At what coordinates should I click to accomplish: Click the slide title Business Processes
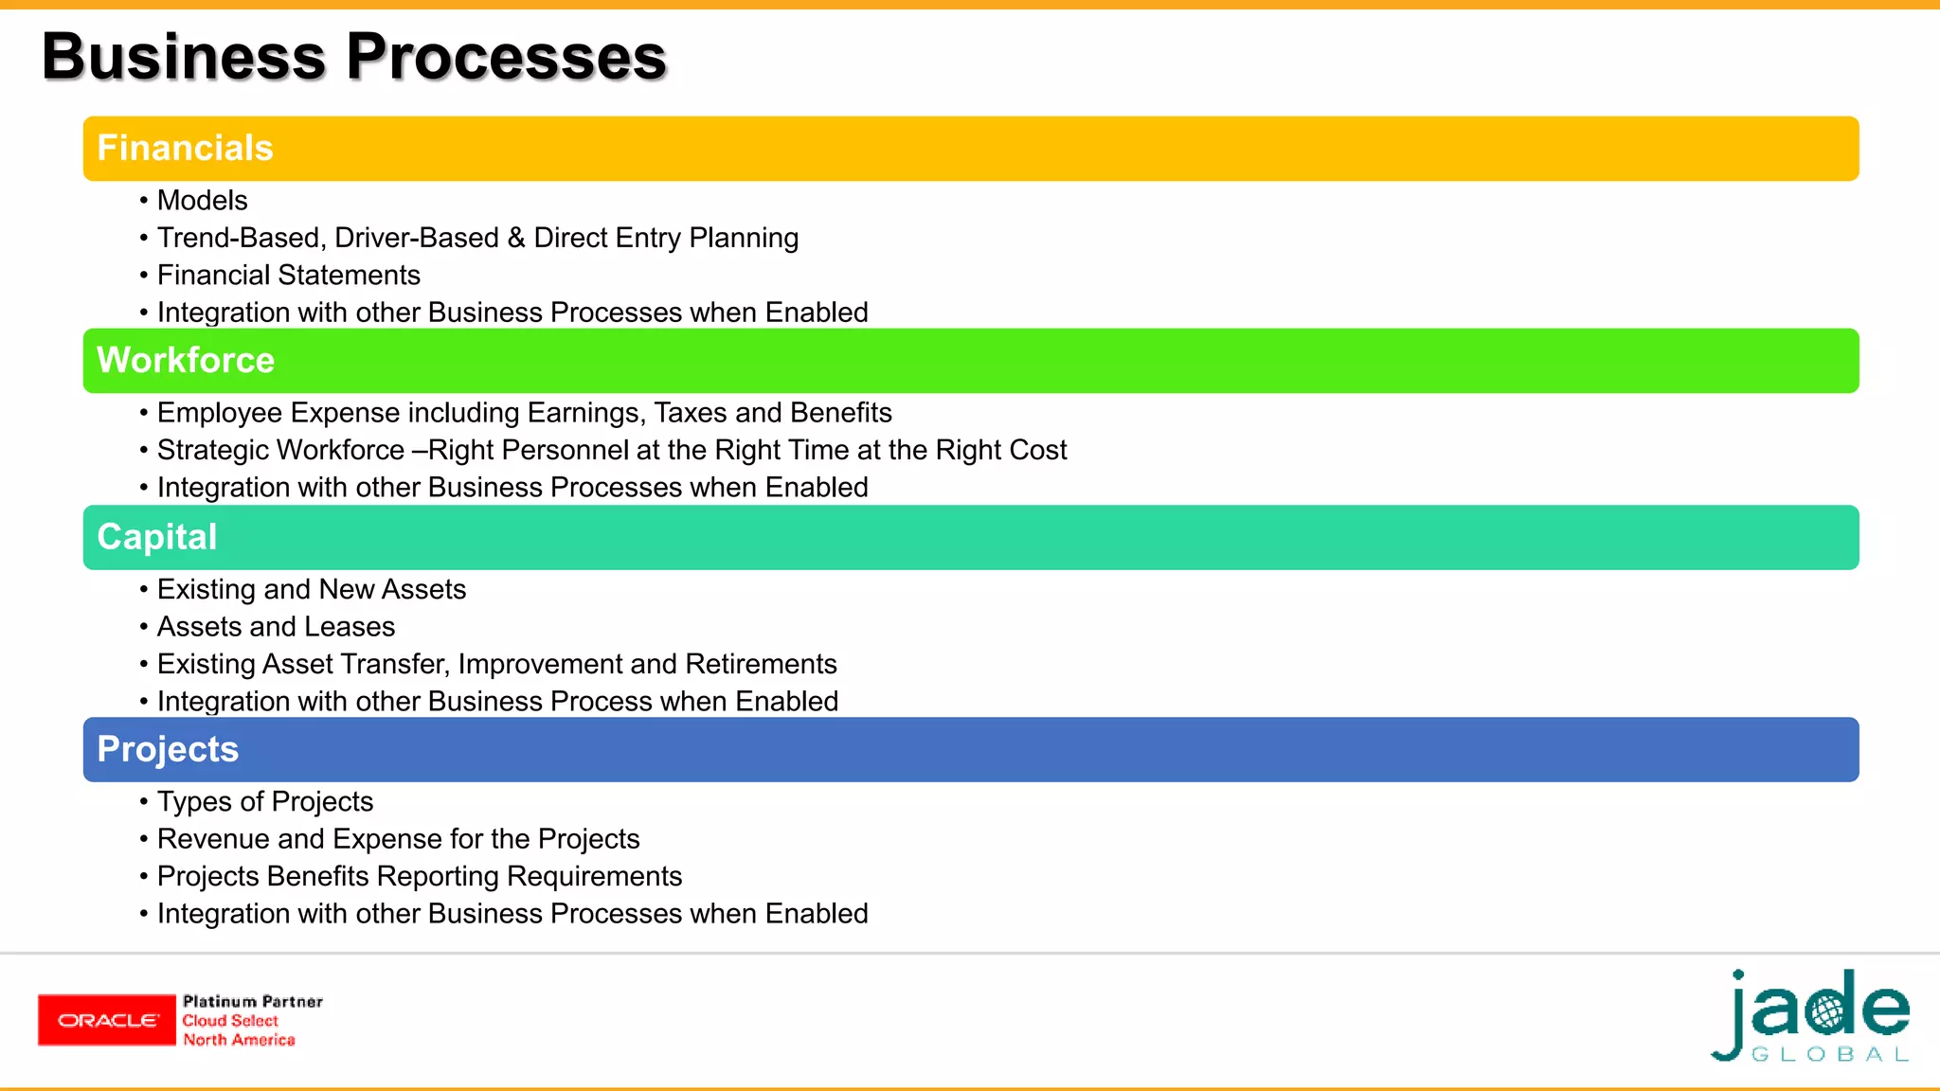[x=354, y=57]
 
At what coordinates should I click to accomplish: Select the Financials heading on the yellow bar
[x=185, y=149]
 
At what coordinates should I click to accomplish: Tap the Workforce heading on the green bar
[x=186, y=361]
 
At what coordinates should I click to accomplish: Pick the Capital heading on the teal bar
[x=157, y=537]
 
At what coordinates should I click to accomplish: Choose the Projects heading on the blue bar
[x=168, y=749]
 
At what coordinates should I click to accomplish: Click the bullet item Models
[x=202, y=201]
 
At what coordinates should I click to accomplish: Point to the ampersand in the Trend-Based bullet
[x=516, y=238]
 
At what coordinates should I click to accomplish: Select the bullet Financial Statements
[x=288, y=276]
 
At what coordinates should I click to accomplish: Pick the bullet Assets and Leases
[x=276, y=627]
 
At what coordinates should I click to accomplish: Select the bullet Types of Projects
[x=265, y=802]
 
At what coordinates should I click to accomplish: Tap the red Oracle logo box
[x=107, y=1020]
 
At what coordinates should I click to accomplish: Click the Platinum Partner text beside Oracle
[x=253, y=1001]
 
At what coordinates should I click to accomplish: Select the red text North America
[x=239, y=1040]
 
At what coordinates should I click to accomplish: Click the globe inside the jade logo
[x=1828, y=1011]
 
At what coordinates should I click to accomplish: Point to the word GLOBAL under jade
[x=1830, y=1055]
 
